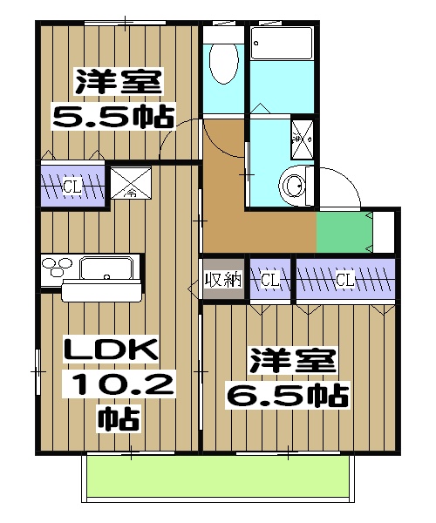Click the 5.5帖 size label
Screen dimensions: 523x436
[113, 115]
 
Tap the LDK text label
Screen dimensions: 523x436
[113, 351]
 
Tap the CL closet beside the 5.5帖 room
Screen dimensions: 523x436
[72, 185]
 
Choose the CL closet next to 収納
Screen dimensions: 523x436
[269, 280]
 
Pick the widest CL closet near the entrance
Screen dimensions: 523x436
[344, 280]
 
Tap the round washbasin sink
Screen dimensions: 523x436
[293, 184]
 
